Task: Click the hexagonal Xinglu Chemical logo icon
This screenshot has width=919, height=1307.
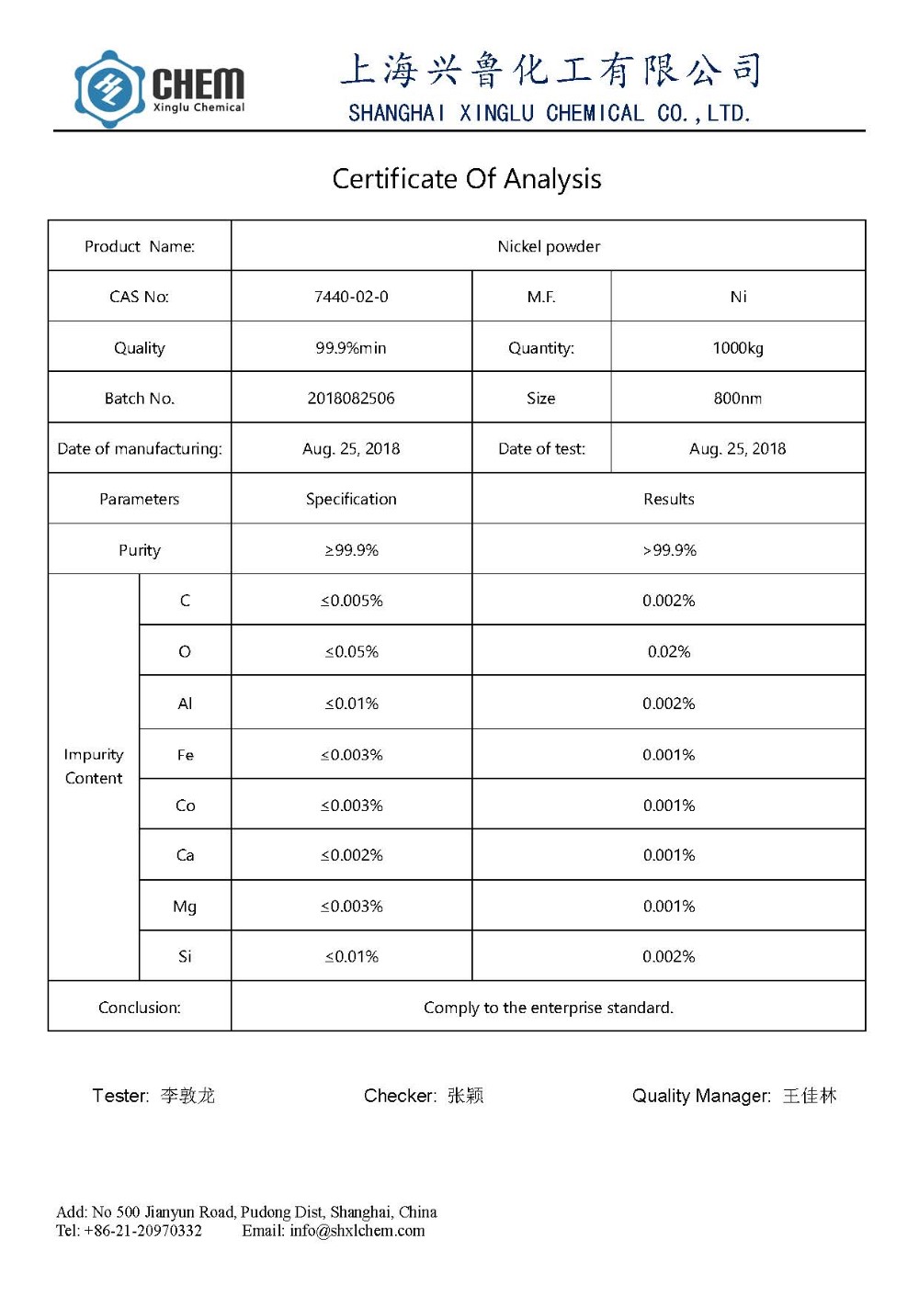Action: click(109, 89)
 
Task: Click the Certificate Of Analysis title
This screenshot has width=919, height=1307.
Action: click(467, 179)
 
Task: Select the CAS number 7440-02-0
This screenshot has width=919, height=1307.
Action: click(351, 297)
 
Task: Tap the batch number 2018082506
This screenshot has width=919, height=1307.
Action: click(351, 399)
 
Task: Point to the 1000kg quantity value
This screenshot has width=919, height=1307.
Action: click(738, 348)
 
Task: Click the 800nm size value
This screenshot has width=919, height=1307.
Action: click(738, 399)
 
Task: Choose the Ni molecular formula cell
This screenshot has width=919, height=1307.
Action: click(738, 297)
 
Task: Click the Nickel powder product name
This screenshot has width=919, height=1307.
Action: click(549, 246)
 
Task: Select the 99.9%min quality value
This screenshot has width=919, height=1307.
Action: click(351, 348)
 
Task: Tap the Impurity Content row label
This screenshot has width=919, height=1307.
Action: click(94, 766)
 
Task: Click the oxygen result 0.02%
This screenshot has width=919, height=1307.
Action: click(669, 652)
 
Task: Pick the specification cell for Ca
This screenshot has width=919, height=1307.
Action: click(351, 855)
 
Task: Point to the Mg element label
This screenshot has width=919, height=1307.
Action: click(185, 907)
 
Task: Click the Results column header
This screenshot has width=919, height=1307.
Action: click(669, 500)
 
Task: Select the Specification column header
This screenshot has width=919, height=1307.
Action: click(351, 500)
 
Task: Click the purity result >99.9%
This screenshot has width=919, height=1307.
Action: click(669, 550)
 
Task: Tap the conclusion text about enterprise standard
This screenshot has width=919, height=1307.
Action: click(549, 1008)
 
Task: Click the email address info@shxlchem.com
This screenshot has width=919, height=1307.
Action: click(357, 1232)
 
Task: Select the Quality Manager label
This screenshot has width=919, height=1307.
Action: click(701, 1096)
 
